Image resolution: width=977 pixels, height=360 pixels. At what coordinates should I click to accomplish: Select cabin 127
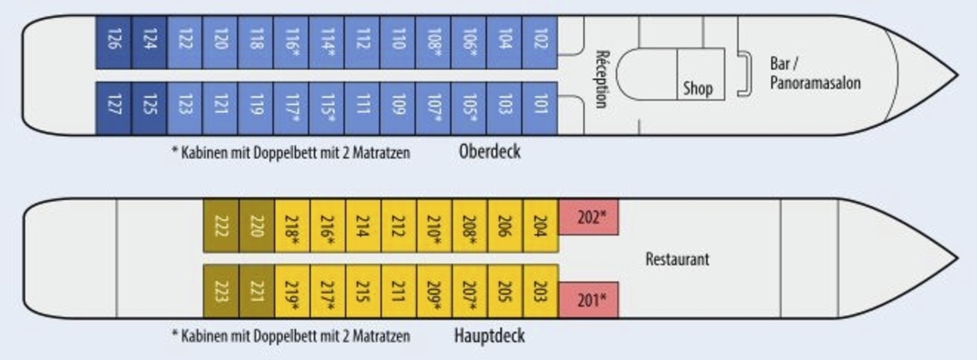click(x=113, y=106)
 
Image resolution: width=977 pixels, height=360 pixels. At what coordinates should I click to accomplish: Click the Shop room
click(x=698, y=87)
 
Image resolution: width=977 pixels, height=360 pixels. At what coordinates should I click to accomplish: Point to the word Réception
click(x=602, y=79)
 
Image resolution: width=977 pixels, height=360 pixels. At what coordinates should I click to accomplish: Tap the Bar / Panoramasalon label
click(x=814, y=72)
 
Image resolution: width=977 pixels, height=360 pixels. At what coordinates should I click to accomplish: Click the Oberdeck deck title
click(x=489, y=151)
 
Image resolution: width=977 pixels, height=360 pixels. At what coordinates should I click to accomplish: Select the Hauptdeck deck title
click(x=490, y=336)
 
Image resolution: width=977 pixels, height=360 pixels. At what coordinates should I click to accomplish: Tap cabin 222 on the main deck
click(x=221, y=226)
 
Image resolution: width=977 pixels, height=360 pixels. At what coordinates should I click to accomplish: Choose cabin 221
click(x=256, y=291)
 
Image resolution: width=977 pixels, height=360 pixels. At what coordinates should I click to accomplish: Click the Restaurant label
click(x=677, y=259)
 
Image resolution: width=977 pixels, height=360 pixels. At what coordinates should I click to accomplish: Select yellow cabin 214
click(x=363, y=226)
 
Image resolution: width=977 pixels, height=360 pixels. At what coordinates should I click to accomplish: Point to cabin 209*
click(x=433, y=291)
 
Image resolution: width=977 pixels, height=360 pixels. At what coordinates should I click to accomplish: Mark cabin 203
click(x=541, y=291)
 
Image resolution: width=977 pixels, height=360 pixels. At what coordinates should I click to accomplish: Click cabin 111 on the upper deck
click(x=362, y=106)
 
